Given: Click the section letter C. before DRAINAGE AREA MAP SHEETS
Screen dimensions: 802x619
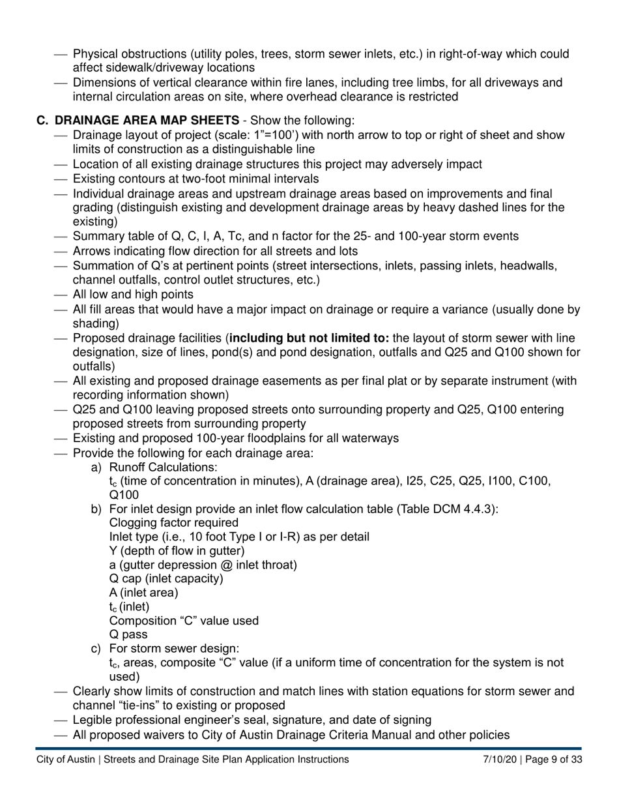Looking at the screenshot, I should pos(42,121).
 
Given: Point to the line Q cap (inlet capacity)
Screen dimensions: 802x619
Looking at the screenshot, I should pos(166,578).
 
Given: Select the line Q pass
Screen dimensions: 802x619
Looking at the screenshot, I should pos(128,634).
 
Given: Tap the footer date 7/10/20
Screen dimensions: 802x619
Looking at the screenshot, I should pos(500,760).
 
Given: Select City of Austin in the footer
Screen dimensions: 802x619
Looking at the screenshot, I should pos(66,760).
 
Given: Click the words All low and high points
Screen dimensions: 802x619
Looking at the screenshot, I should pos(133,295).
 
